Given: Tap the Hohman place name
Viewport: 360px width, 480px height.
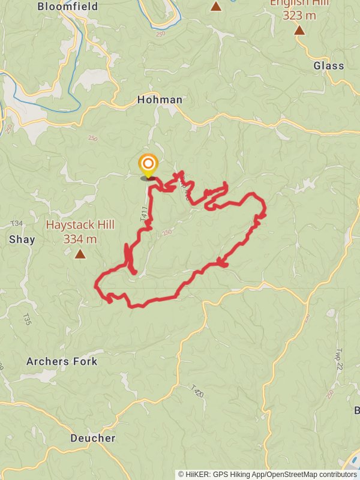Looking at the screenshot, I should [x=160, y=100].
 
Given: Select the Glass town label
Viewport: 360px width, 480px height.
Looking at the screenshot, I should [x=329, y=66].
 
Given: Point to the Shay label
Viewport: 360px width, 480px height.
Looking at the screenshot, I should [x=22, y=239].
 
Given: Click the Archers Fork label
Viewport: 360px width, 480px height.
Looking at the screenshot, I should [x=62, y=361].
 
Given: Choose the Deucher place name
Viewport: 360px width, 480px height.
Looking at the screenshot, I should [x=92, y=438].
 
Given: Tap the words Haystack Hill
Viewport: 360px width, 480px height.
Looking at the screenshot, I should [x=80, y=226].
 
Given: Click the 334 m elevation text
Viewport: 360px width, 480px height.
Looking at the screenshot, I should [x=80, y=239].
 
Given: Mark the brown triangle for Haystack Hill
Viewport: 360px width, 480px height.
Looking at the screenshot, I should [x=80, y=254].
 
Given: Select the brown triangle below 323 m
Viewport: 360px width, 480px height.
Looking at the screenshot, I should [x=299, y=29].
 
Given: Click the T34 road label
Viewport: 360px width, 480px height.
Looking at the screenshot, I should [x=17, y=224].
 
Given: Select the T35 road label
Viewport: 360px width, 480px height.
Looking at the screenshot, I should [x=26, y=318].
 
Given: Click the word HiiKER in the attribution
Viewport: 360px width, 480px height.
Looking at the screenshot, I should [x=198, y=474].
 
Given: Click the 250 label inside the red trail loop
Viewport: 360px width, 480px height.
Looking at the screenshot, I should [x=167, y=233].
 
